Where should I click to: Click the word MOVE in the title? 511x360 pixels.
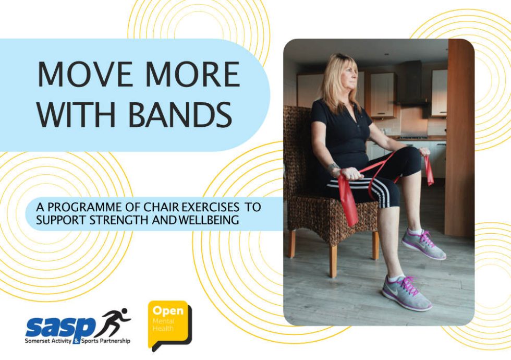coord(82,75)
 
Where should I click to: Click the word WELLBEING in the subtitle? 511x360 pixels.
coord(209,220)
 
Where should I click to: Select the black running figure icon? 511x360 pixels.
coord(115,322)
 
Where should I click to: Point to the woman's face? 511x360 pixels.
coord(349,78)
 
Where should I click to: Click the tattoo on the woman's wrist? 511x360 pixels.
coord(332,168)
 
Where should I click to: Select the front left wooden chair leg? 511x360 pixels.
coord(333,261)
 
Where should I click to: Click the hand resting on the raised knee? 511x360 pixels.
coord(423,152)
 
